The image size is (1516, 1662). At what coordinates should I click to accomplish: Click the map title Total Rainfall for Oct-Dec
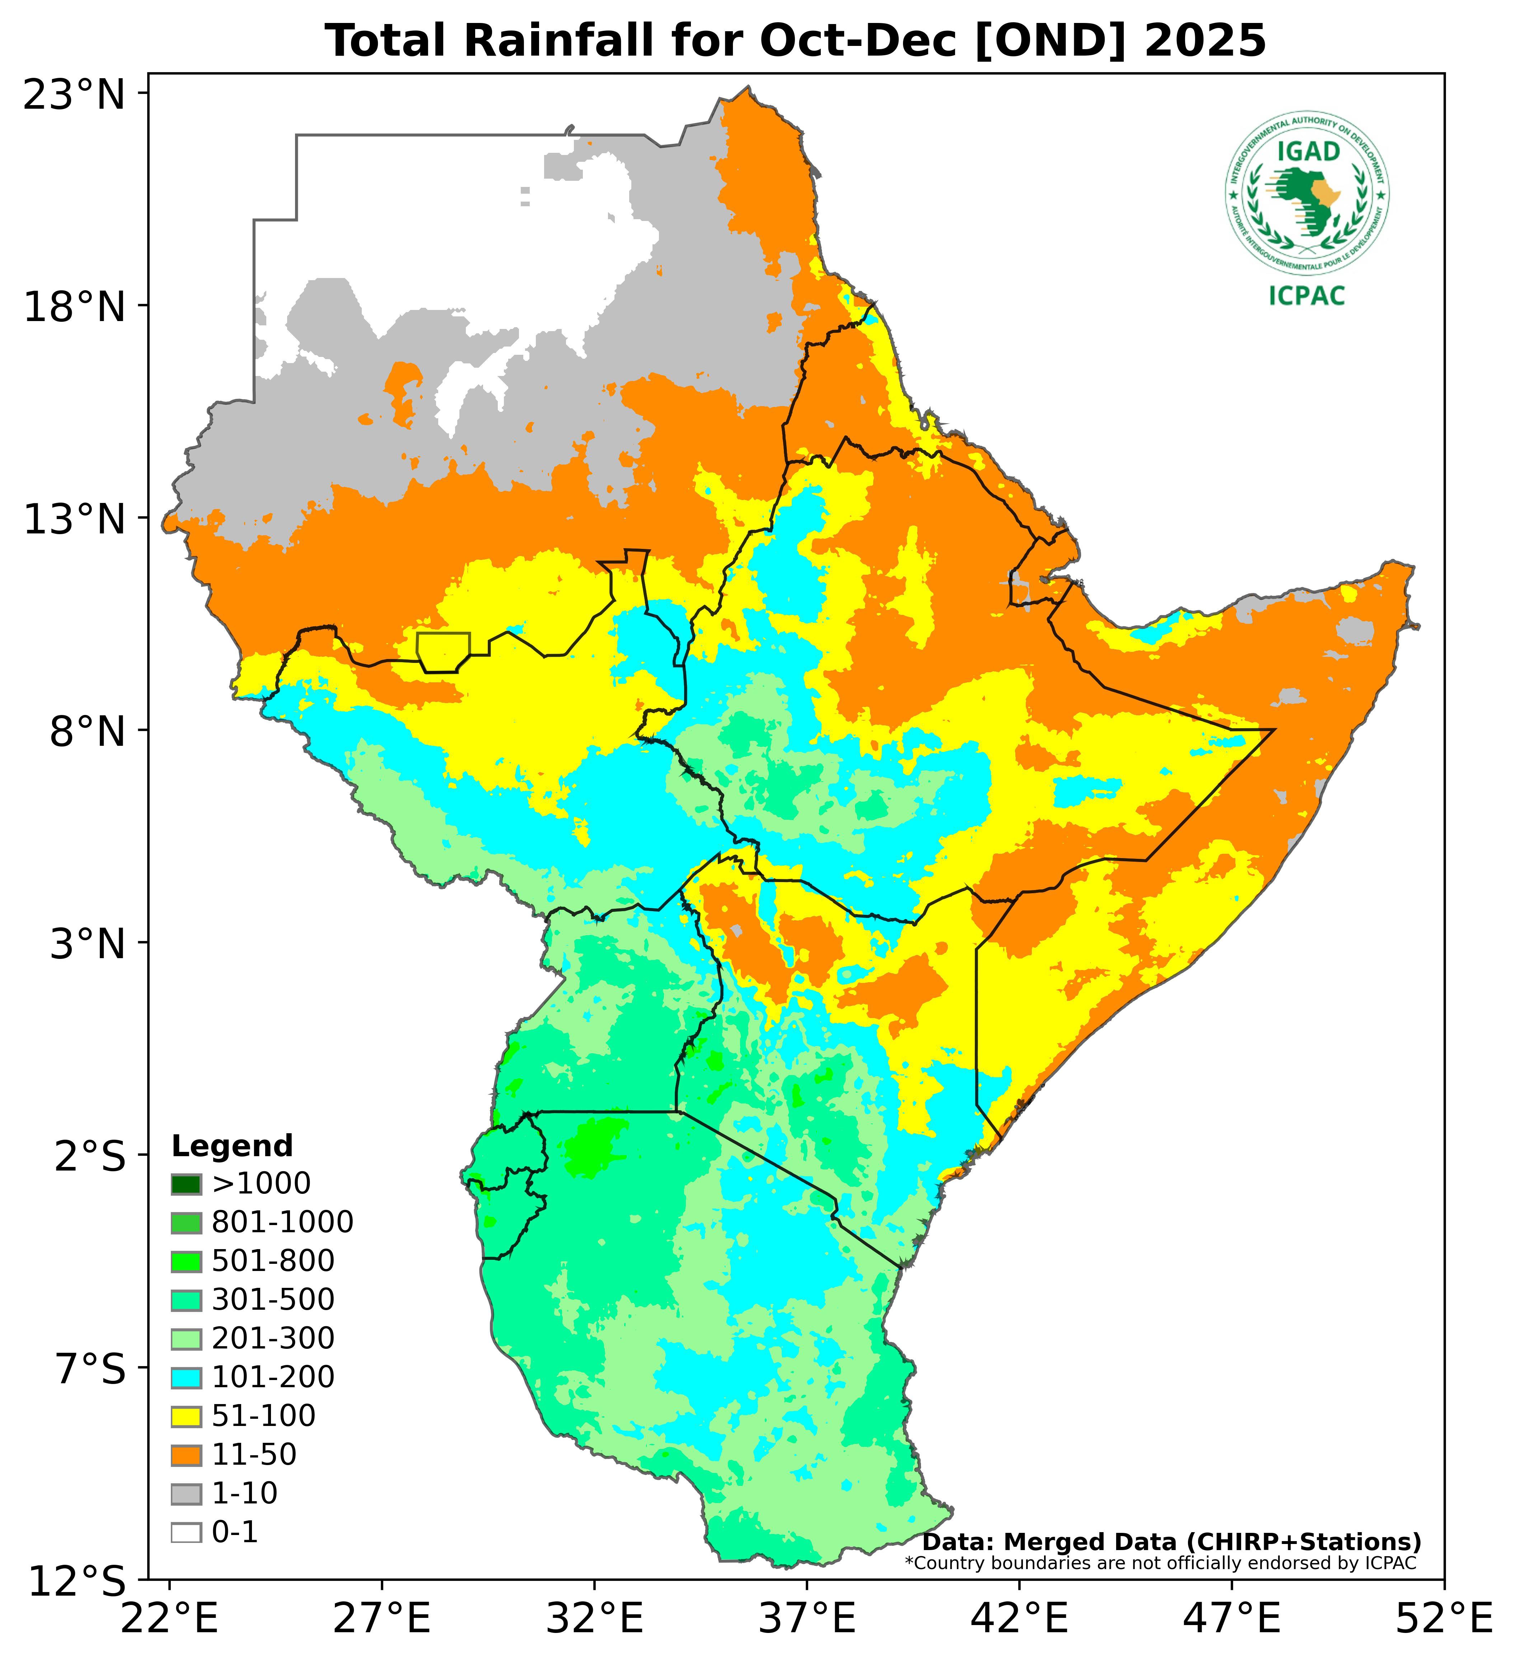pyautogui.click(x=795, y=41)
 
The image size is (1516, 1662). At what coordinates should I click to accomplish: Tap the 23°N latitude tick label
pyautogui.click(x=74, y=95)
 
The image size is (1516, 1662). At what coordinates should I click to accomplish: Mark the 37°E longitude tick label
pyautogui.click(x=806, y=1620)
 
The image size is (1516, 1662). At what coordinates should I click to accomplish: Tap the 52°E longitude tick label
pyautogui.click(x=1444, y=1620)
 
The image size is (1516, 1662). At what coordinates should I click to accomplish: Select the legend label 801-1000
pyautogui.click(x=282, y=1223)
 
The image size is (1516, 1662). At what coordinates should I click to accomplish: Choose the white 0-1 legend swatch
pyautogui.click(x=186, y=1532)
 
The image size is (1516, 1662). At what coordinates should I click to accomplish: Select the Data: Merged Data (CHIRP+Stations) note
pyautogui.click(x=1171, y=1541)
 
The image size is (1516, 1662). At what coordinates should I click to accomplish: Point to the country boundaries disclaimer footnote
pyautogui.click(x=1160, y=1563)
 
